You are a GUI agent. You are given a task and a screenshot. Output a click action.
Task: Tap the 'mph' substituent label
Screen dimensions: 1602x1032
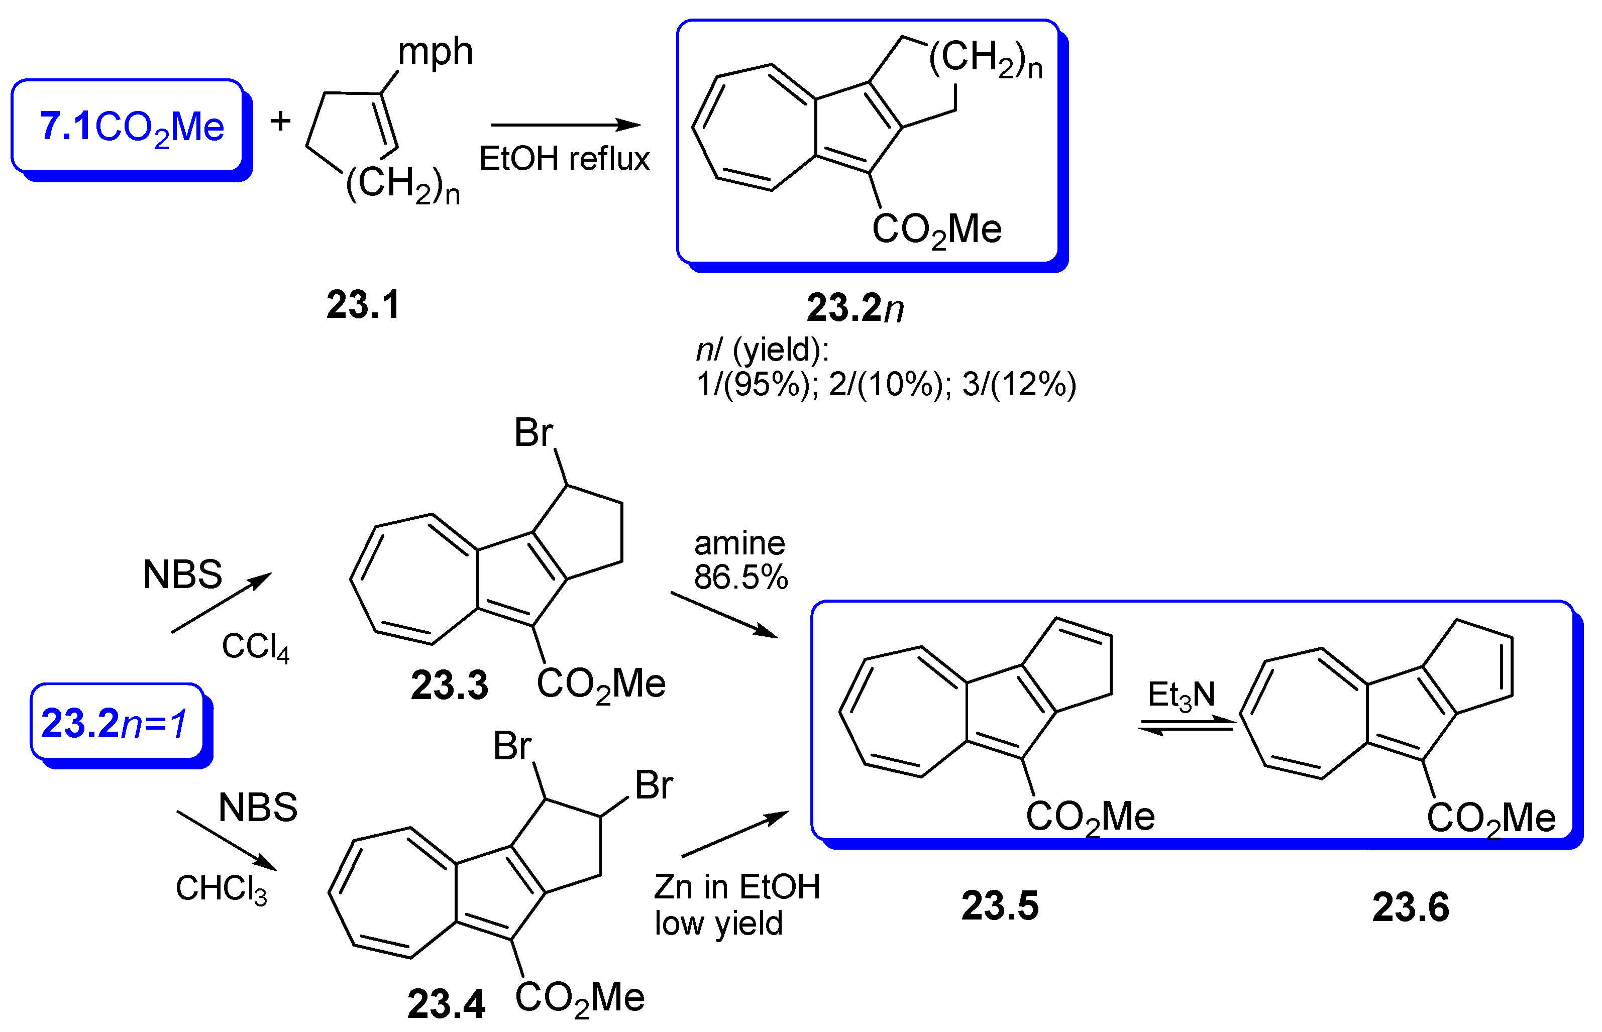point(435,52)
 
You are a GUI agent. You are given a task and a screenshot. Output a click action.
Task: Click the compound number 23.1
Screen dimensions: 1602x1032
point(363,305)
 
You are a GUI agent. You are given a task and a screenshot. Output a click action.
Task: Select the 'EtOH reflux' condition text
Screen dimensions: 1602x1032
point(564,159)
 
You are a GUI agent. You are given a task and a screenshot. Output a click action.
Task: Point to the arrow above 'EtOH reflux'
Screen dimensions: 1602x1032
point(566,125)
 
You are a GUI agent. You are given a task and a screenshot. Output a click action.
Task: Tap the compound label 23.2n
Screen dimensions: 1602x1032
point(855,308)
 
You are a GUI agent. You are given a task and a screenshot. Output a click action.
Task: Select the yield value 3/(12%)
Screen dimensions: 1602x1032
point(1019,385)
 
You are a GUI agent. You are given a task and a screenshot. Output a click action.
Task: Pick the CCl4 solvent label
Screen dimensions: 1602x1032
point(255,647)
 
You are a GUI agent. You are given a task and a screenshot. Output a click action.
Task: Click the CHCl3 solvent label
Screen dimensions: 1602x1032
point(221,888)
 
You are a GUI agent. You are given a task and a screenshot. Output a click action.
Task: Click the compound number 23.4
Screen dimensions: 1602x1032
point(446,1004)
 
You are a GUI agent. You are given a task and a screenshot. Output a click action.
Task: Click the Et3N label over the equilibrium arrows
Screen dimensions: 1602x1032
point(1181,695)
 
